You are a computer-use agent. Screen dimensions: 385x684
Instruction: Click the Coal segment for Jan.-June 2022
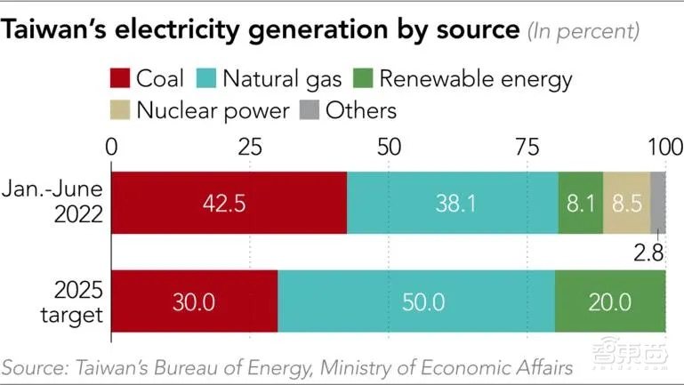click(229, 202)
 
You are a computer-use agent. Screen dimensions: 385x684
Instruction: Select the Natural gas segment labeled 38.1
click(453, 202)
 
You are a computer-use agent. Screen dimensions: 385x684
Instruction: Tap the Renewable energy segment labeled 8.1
click(581, 202)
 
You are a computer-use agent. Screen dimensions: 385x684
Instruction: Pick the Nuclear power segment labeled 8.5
click(626, 202)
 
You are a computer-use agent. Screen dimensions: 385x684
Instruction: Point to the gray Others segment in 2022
click(658, 202)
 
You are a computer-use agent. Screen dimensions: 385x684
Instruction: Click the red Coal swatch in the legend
click(120, 78)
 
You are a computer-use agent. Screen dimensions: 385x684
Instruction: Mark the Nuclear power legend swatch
click(120, 110)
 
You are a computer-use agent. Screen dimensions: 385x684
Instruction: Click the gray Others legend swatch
click(308, 110)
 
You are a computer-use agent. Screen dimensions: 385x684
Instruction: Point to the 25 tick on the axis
click(250, 146)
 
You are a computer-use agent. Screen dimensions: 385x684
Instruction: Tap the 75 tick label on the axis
click(527, 146)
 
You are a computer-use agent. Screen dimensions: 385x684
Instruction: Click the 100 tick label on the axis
click(664, 146)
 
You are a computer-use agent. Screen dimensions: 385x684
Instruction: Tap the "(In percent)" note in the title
click(583, 31)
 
